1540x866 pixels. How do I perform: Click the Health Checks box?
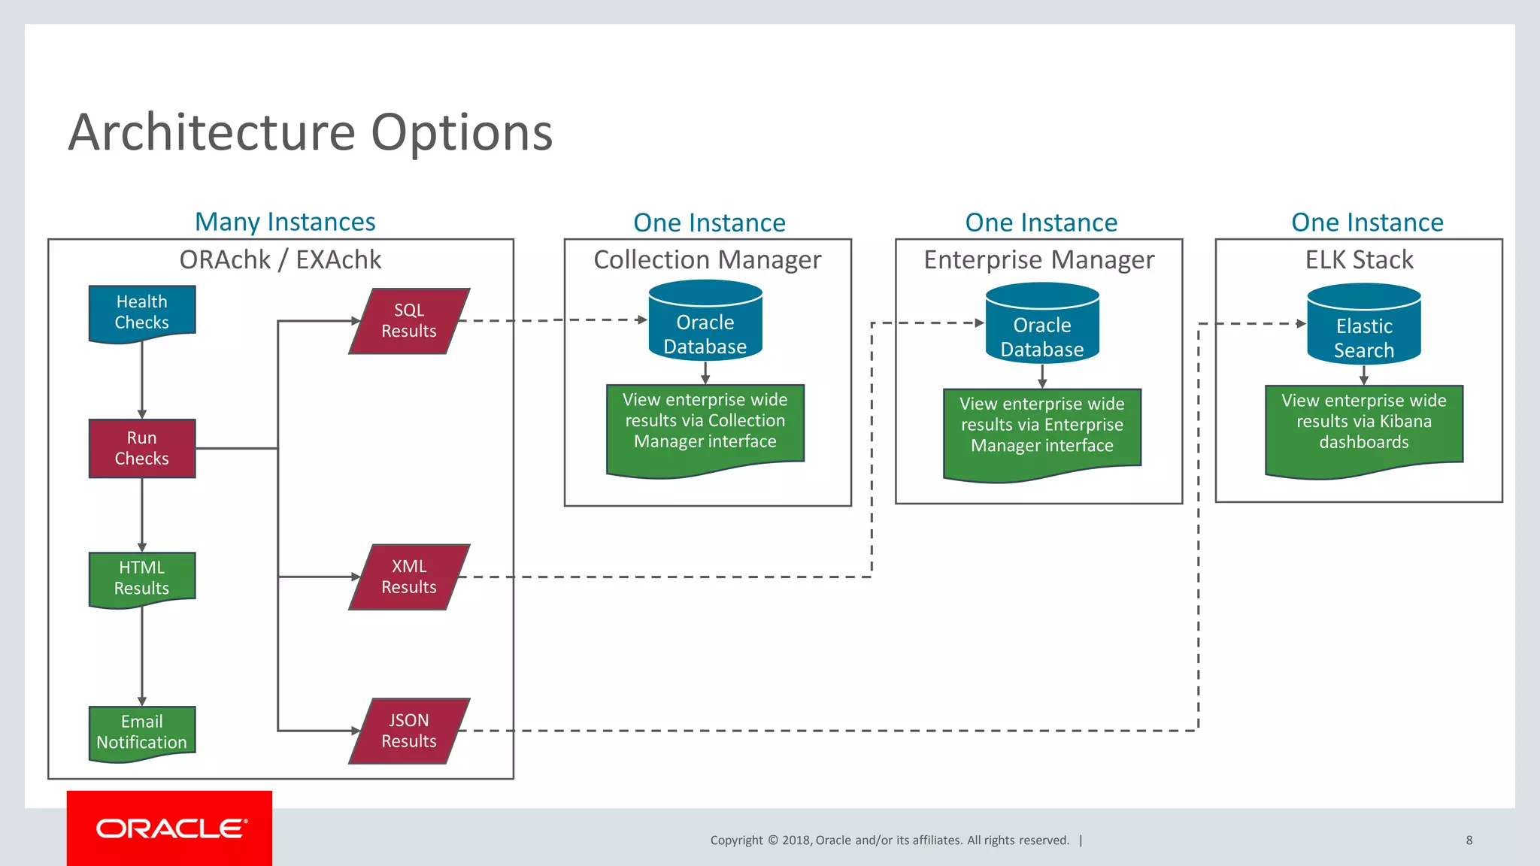click(x=141, y=312)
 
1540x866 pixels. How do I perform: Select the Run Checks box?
click(x=141, y=448)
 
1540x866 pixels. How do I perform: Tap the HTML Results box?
click(x=141, y=578)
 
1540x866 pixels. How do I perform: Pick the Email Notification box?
click(x=141, y=732)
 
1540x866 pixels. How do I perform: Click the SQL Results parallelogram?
click(x=409, y=321)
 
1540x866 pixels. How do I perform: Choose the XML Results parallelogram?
click(x=409, y=577)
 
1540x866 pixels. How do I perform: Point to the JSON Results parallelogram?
click(x=409, y=731)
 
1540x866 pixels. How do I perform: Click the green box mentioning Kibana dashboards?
click(x=1364, y=425)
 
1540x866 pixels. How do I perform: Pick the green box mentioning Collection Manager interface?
click(x=705, y=425)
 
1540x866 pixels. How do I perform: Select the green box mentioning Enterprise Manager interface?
click(x=1042, y=428)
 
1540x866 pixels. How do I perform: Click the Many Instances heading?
click(x=285, y=222)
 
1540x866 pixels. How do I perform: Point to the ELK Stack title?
click(x=1359, y=259)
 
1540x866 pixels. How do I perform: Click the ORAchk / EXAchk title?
click(x=280, y=259)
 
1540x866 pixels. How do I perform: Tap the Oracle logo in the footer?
click(x=171, y=828)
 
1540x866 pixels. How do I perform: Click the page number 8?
click(x=1469, y=840)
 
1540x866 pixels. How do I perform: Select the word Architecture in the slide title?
click(x=211, y=132)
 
